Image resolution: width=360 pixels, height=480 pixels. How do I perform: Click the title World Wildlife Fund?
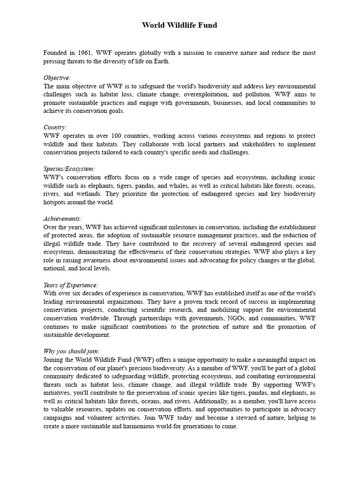pos(180,25)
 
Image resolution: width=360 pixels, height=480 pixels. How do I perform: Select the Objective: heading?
pos(57,78)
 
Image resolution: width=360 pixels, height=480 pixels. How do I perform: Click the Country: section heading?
pos(55,127)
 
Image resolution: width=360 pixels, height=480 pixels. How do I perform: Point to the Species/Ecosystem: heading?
pos(69,169)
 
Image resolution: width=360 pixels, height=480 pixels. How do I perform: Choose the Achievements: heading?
pos(63,218)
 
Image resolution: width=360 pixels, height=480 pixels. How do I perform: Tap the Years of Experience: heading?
pos(71,285)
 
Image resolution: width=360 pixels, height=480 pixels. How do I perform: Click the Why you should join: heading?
pos(72,351)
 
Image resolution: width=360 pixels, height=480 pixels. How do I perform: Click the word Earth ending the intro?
pos(162,61)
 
